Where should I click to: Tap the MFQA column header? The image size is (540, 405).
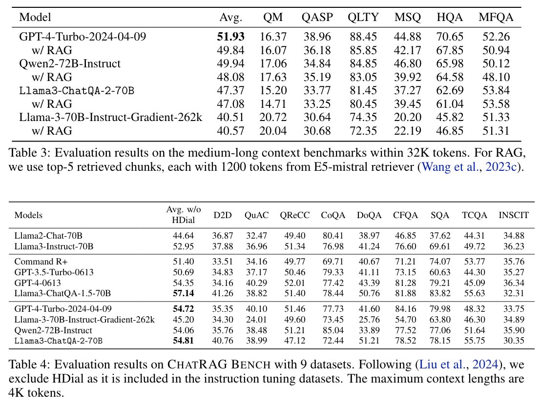point(496,18)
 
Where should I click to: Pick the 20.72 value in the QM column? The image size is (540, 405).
point(273,118)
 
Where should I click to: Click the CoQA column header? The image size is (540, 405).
point(331,215)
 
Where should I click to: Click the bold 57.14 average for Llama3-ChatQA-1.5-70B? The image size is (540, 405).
point(181,293)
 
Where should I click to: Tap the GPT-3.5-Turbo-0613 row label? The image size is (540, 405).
point(54,273)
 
